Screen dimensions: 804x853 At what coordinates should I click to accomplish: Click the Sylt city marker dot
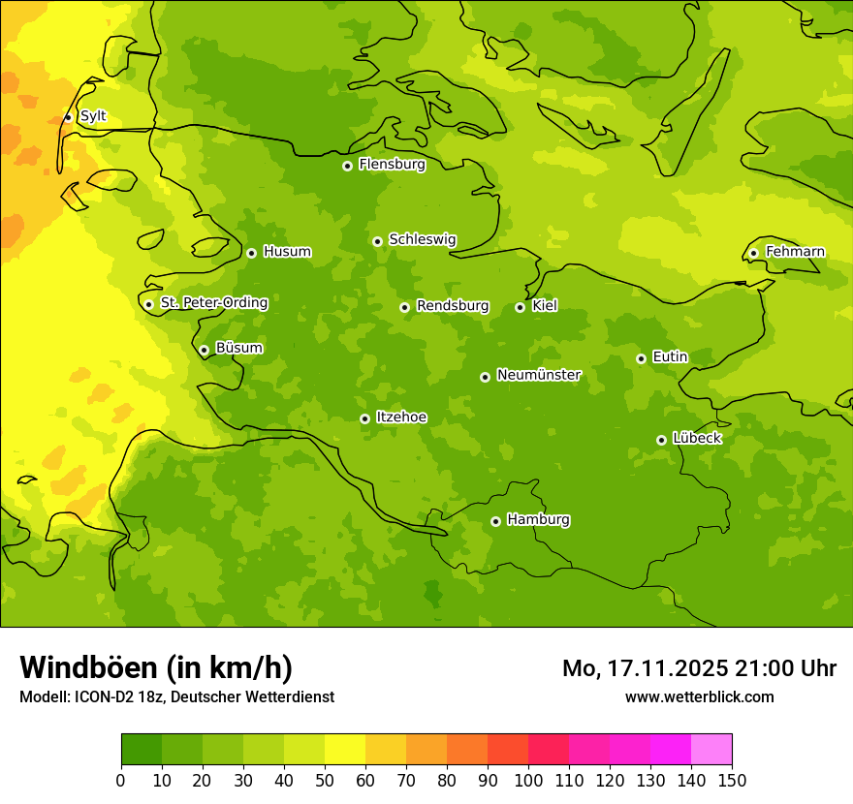click(68, 117)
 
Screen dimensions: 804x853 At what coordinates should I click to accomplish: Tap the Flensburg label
click(392, 165)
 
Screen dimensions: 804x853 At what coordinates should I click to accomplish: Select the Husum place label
click(287, 252)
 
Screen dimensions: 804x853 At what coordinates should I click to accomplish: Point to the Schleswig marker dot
click(377, 241)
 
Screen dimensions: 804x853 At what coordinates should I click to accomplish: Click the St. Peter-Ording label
click(214, 303)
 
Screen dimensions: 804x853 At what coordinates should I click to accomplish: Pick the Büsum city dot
click(204, 350)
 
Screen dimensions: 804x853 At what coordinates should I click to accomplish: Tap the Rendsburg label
click(453, 306)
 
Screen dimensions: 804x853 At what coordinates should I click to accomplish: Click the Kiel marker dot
click(520, 307)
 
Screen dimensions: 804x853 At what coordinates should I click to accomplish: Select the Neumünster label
click(539, 375)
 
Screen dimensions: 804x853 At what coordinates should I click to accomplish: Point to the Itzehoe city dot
click(364, 418)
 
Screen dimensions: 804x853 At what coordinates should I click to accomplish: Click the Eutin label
click(670, 357)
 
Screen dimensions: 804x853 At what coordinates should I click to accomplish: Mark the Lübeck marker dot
click(661, 440)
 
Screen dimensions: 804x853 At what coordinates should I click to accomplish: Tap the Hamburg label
click(538, 520)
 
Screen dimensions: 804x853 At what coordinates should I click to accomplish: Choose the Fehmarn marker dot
click(753, 253)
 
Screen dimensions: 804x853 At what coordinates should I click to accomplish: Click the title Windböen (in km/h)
click(156, 667)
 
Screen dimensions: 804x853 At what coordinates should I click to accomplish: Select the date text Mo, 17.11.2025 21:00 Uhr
click(699, 668)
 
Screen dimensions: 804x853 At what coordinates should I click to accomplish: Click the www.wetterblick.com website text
click(699, 696)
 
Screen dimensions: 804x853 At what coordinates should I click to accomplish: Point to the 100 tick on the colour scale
click(528, 780)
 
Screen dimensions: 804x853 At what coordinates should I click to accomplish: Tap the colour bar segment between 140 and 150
click(711, 750)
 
